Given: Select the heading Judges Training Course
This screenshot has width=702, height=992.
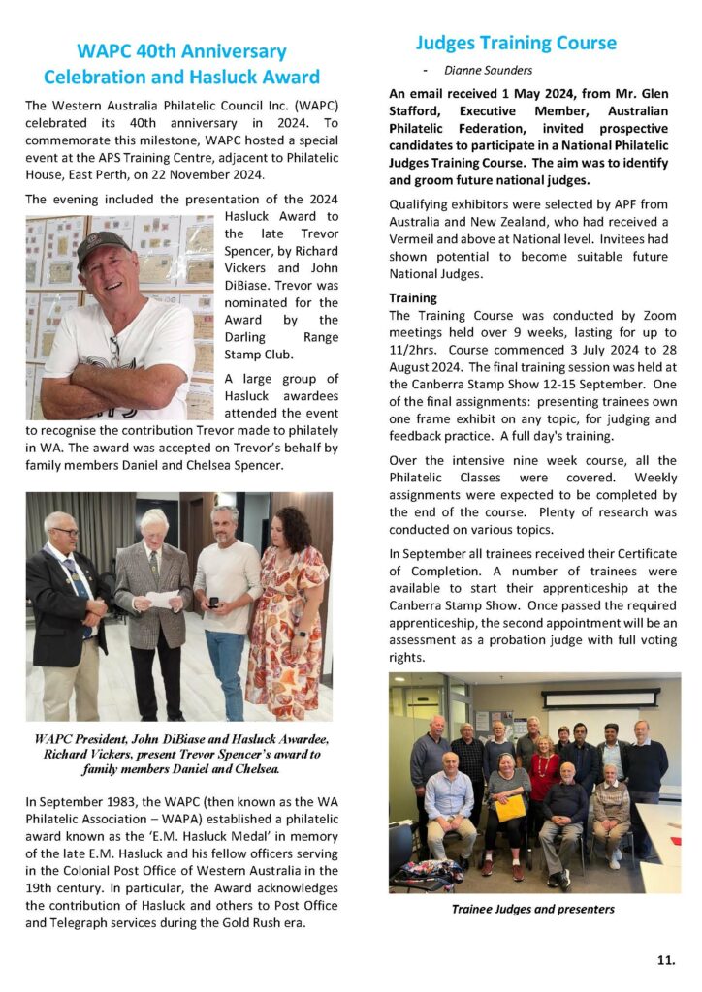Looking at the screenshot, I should click(516, 43).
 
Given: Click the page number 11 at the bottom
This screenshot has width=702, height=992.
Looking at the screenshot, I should click(665, 960).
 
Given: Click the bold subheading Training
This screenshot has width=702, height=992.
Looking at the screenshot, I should click(413, 298).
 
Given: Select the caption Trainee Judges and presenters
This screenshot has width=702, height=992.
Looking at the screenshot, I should click(533, 909).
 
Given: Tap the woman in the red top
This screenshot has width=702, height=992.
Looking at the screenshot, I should click(544, 775).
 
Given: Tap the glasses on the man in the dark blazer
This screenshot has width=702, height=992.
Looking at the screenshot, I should click(65, 532).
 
